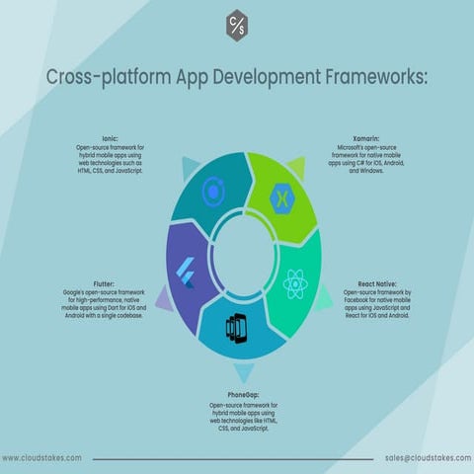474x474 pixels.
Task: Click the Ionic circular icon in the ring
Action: point(213,191)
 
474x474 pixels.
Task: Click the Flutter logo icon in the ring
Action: point(185,274)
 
